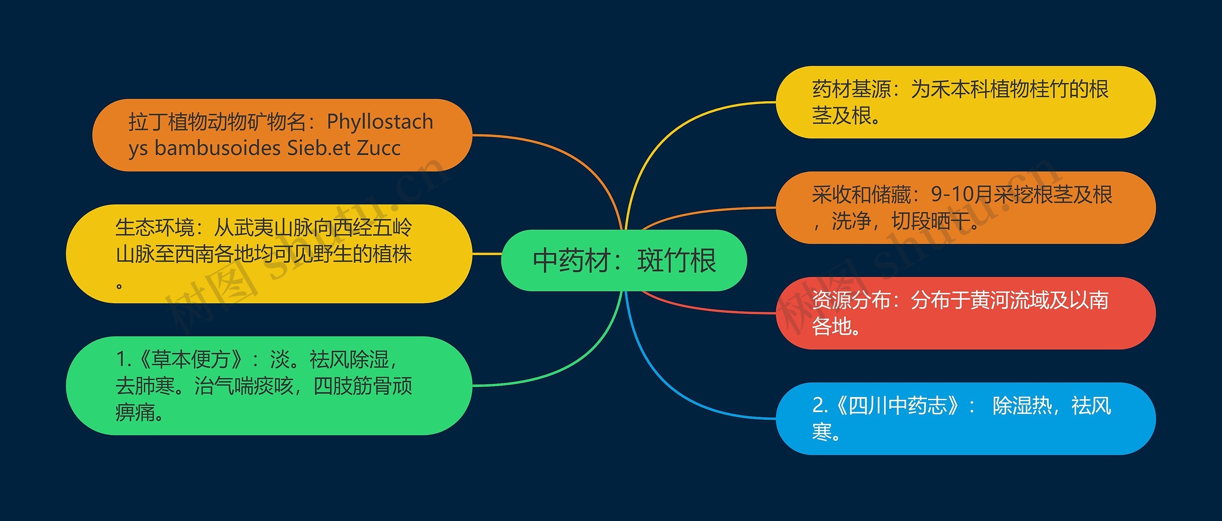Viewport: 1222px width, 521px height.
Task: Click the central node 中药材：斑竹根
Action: (624, 261)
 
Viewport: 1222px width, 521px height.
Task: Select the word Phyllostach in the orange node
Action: (380, 122)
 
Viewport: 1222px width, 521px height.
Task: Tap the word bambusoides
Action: (218, 148)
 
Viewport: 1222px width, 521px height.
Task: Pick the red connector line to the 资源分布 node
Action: (706, 309)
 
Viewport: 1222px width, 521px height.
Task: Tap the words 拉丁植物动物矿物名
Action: (217, 122)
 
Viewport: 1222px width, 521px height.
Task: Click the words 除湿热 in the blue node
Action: (1022, 405)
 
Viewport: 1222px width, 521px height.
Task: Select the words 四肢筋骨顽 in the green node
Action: (363, 386)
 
